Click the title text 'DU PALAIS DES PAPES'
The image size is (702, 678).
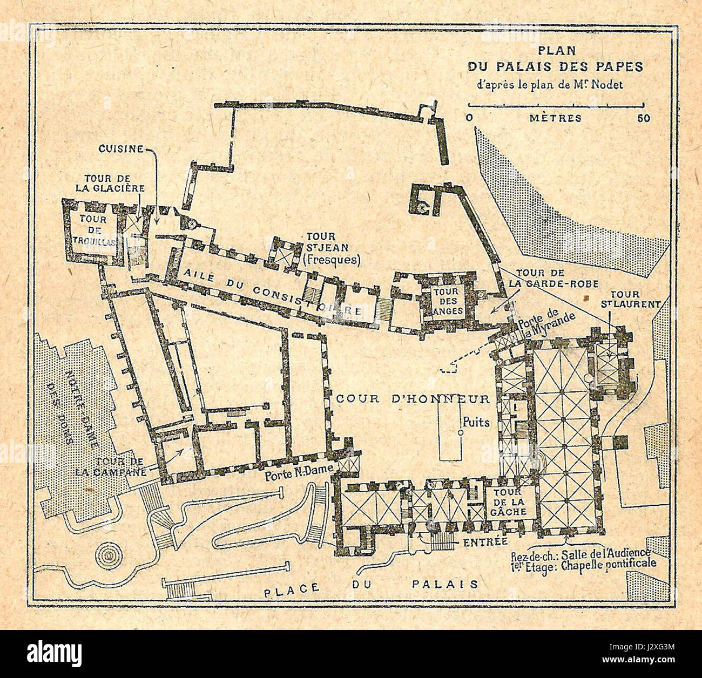pyautogui.click(x=556, y=66)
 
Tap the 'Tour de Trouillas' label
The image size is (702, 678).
pyautogui.click(x=92, y=231)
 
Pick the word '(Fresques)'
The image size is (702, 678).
pyautogui.click(x=331, y=260)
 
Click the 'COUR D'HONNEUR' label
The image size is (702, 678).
pyautogui.click(x=413, y=399)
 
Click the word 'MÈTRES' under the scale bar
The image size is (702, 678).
pyautogui.click(x=555, y=118)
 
